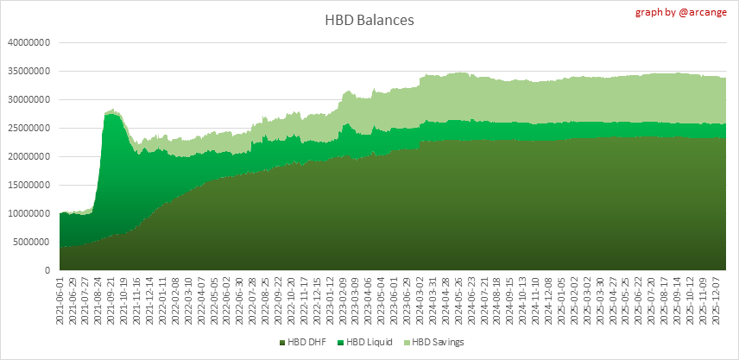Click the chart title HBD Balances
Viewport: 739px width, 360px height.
click(369, 19)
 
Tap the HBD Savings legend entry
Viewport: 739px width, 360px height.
click(436, 343)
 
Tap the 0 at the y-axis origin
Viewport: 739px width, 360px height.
click(50, 270)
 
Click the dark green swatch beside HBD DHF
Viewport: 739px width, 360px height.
click(281, 343)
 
